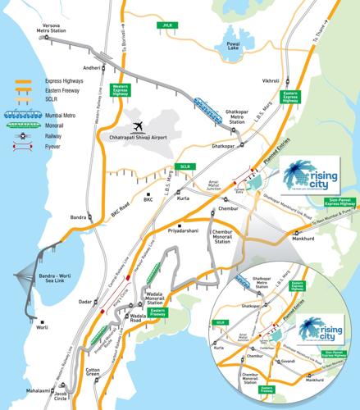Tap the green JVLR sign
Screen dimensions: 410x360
coord(167,25)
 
